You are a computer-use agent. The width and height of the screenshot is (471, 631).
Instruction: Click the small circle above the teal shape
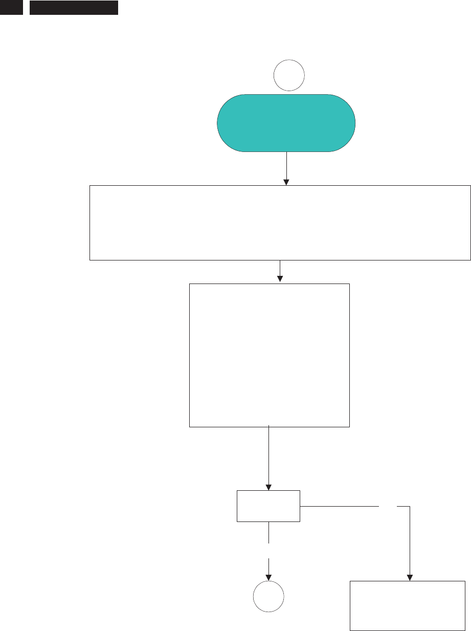[289, 75]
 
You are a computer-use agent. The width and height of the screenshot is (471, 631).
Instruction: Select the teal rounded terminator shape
[286, 123]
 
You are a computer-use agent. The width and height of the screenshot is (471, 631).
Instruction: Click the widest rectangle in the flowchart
[280, 223]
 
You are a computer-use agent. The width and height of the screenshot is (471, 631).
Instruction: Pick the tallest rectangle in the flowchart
[270, 355]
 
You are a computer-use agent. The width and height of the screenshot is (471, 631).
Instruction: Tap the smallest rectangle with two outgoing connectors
[268, 506]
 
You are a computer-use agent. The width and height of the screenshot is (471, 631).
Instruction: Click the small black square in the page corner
[11, 7]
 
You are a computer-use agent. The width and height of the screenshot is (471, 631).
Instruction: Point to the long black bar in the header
[74, 7]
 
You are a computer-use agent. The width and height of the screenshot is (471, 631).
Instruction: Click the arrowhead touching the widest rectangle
[286, 182]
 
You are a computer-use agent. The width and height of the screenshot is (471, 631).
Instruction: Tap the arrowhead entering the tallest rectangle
[280, 279]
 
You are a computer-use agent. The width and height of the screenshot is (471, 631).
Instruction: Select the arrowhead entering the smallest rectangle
[268, 487]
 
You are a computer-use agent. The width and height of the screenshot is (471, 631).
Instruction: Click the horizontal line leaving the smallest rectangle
[340, 507]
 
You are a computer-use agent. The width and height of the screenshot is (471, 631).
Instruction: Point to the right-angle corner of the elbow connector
[410, 507]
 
